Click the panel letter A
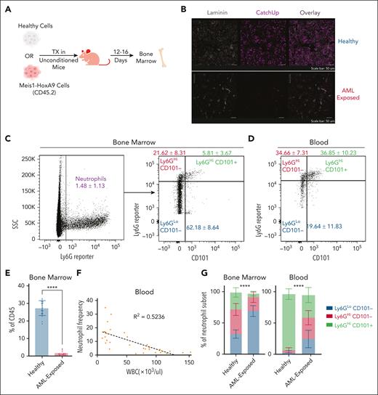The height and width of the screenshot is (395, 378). [x=6, y=7]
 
